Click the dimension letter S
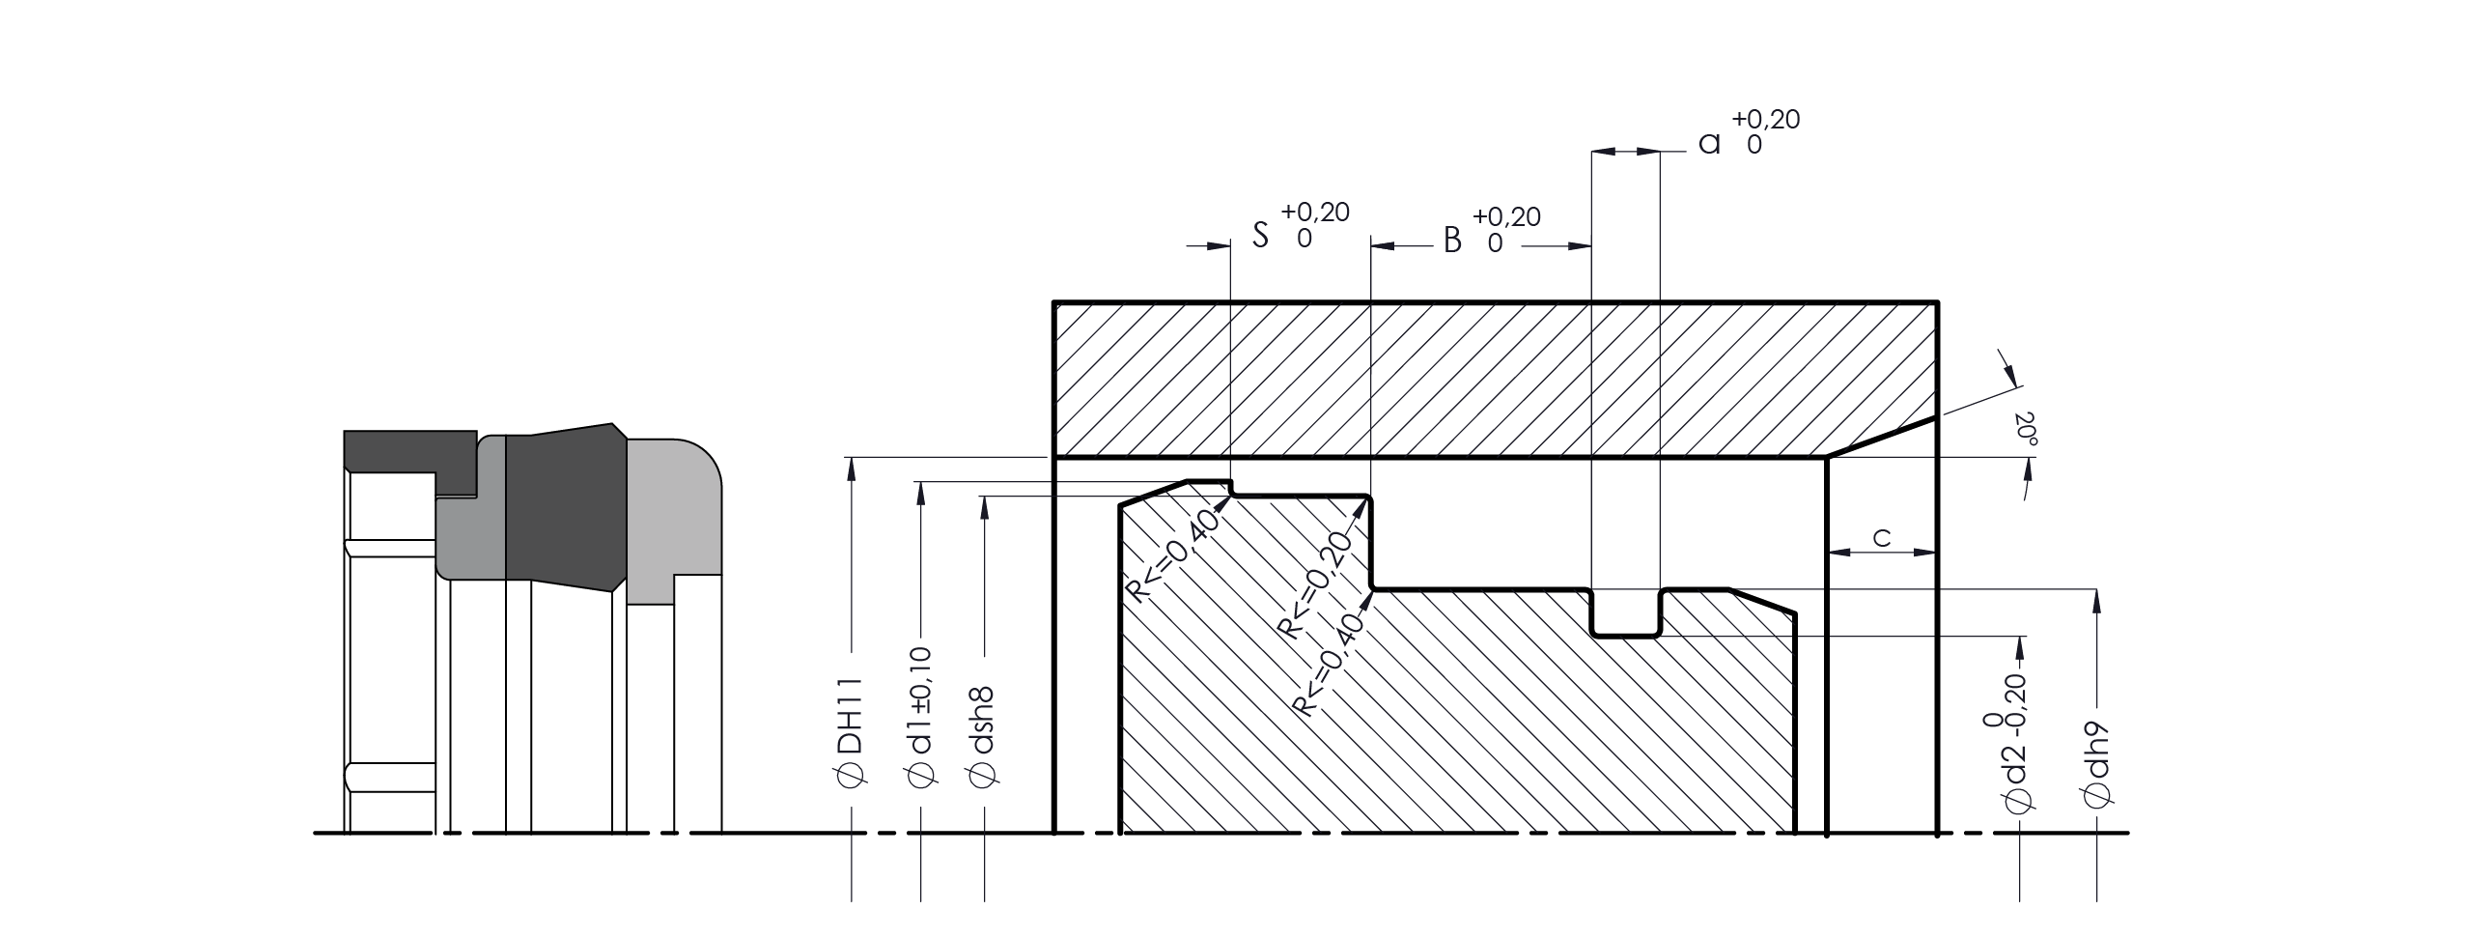pos(1260,235)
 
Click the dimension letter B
pos(1452,240)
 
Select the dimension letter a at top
pos(1709,145)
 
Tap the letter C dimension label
pos(1882,538)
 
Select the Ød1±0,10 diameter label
pos(921,716)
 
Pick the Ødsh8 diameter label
pos(983,734)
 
